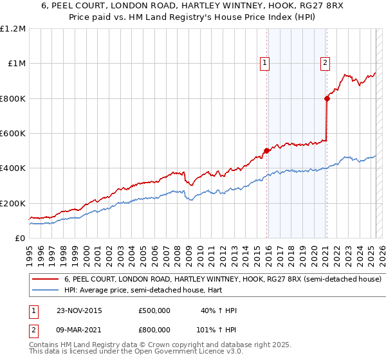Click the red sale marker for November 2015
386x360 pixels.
266,150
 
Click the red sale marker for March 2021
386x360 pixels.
327,98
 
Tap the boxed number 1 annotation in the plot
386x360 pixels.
265,62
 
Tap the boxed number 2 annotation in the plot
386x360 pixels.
326,62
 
